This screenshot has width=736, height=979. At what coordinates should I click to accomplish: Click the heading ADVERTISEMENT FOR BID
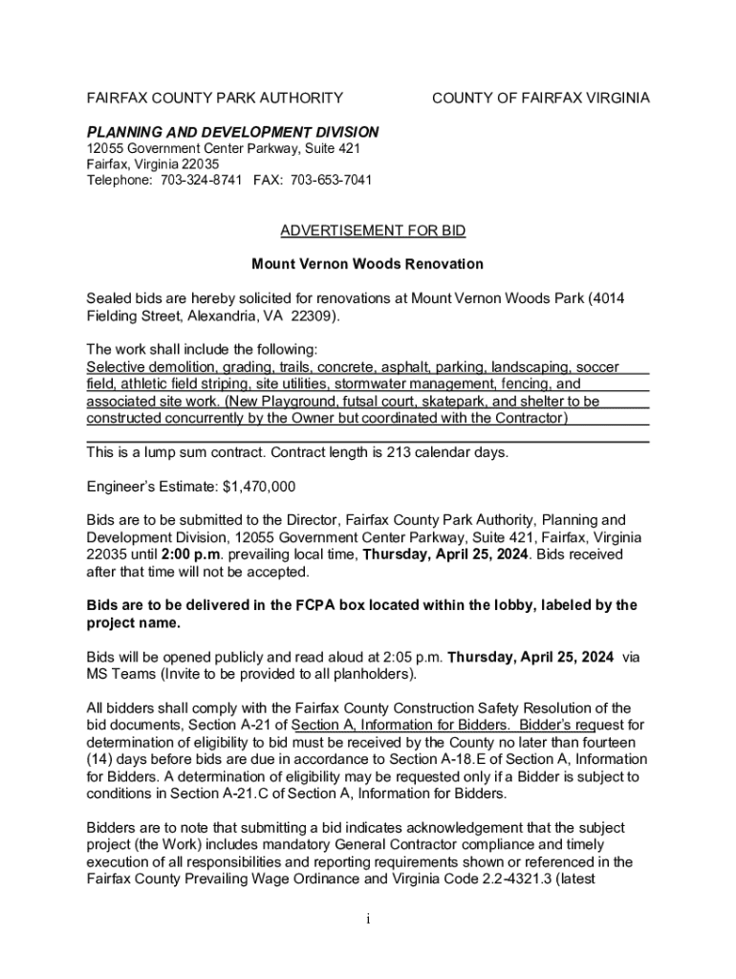[372, 231]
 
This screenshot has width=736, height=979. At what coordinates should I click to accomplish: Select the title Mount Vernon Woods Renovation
[367, 264]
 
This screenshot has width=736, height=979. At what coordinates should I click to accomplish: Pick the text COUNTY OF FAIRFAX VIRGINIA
[541, 98]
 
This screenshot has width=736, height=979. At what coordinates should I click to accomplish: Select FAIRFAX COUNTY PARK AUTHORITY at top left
[215, 98]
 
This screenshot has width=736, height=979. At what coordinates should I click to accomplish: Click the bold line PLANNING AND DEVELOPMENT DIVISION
[232, 132]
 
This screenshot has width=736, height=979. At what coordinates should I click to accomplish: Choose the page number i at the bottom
[368, 920]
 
